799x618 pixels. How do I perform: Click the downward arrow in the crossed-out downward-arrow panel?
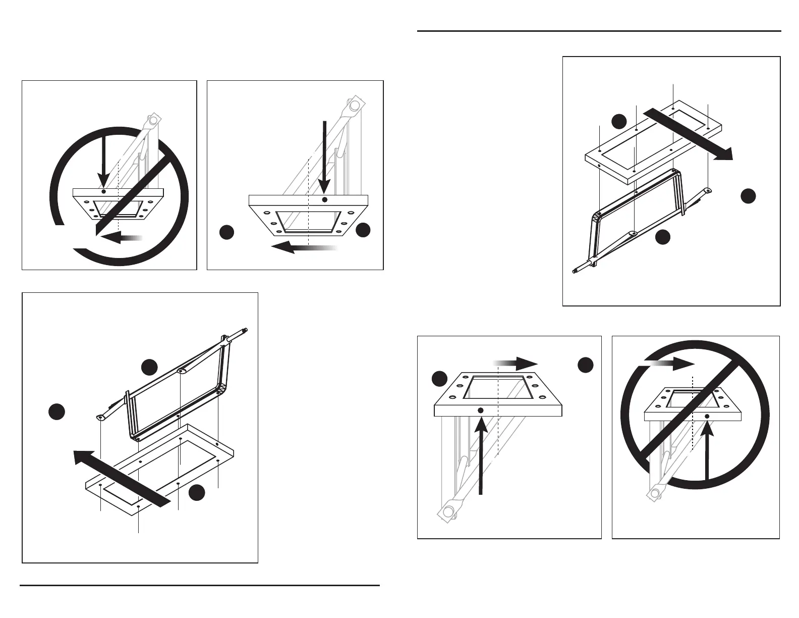coord(102,157)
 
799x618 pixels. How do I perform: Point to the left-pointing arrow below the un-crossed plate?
coord(303,247)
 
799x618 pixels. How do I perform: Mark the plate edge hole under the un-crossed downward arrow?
coord(325,200)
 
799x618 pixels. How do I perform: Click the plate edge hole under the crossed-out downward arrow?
coord(103,192)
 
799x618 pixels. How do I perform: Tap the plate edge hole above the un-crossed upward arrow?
coord(480,410)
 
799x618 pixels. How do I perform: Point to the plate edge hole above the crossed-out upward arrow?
coord(707,416)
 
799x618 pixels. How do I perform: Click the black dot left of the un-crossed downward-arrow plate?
coord(227,232)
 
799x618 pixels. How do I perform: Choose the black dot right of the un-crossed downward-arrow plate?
coord(363,230)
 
